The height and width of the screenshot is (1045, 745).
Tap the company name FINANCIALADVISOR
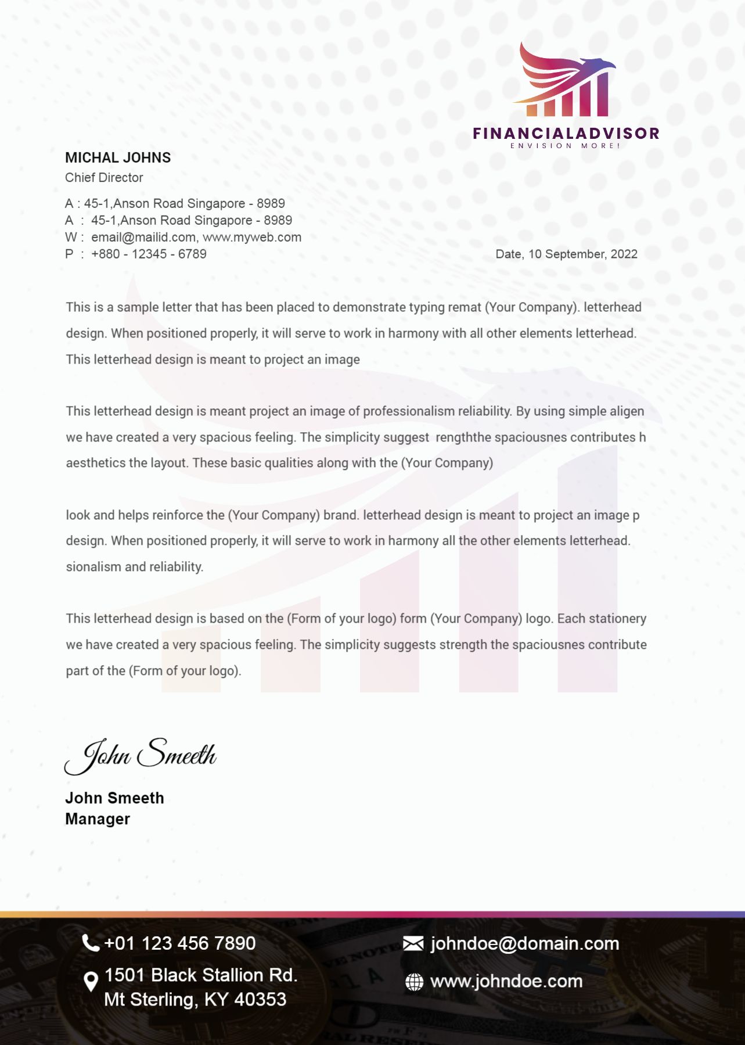tap(566, 134)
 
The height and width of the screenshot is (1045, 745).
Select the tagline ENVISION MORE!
tap(566, 146)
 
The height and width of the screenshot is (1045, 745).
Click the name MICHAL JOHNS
tap(118, 157)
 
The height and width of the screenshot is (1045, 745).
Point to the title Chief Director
tap(104, 178)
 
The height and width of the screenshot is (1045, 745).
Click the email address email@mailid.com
tap(143, 237)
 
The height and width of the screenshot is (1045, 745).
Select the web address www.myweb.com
tap(252, 237)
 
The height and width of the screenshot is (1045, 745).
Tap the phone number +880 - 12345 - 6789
tap(149, 254)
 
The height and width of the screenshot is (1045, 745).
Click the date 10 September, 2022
tap(582, 254)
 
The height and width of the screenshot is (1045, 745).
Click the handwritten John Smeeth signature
tap(141, 755)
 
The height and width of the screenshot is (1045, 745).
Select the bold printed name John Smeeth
tap(114, 798)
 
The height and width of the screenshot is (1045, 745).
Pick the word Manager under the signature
tap(98, 819)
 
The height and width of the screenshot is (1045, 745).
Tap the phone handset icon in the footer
tap(91, 943)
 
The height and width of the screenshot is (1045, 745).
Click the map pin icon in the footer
tap(91, 982)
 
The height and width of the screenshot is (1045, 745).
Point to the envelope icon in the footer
tap(413, 943)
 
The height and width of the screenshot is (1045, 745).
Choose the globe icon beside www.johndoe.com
tap(414, 982)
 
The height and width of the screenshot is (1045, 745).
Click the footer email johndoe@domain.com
tap(525, 943)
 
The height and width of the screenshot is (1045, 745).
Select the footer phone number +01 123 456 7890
tap(180, 943)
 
